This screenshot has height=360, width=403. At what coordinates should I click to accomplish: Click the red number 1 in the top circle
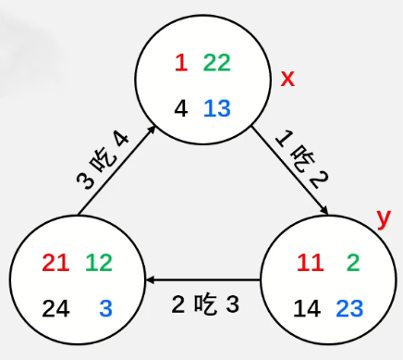tap(181, 63)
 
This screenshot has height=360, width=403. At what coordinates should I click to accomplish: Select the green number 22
tap(216, 63)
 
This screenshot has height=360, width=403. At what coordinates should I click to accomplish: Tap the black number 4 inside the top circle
tap(181, 108)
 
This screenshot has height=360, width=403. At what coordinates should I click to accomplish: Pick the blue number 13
tap(216, 108)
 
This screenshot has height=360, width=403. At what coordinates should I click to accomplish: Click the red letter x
tap(287, 79)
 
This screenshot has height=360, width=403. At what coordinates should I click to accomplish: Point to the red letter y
tap(384, 218)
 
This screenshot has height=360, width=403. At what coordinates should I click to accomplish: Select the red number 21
tap(55, 263)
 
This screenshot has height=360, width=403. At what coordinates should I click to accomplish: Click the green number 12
tap(99, 263)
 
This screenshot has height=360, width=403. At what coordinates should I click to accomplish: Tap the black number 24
tap(55, 308)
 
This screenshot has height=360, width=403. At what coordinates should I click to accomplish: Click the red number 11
tap(311, 263)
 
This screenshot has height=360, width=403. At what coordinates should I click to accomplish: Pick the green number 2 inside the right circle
tap(353, 263)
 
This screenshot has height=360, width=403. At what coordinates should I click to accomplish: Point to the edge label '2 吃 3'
tap(205, 303)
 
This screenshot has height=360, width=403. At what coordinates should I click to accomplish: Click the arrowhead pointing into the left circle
tap(149, 279)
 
